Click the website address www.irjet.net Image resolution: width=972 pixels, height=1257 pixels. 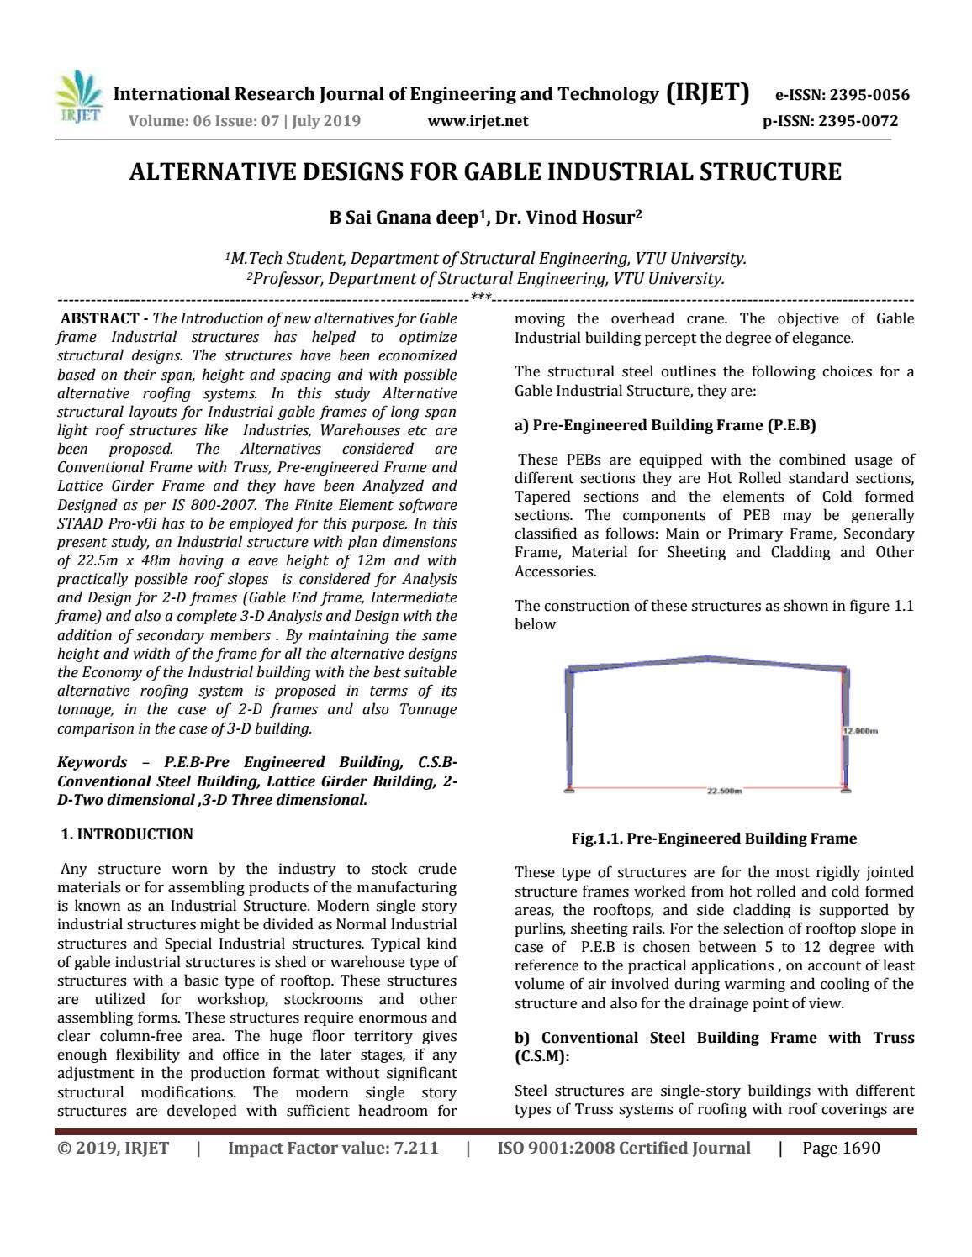coord(478,121)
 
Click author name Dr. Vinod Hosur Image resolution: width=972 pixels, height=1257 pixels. coord(568,218)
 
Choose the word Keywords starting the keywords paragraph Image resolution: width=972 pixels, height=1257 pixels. coord(92,762)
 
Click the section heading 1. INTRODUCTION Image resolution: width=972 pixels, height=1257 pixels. coord(127,834)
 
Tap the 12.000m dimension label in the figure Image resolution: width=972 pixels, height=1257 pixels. coord(861,731)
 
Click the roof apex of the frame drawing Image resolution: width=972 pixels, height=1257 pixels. coord(707,657)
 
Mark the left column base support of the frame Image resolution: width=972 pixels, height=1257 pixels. coord(569,788)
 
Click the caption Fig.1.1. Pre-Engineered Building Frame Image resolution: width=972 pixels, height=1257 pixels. coord(714,839)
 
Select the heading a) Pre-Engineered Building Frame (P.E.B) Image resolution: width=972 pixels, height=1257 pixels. coord(665,425)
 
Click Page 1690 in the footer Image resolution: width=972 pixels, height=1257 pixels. coord(841,1148)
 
